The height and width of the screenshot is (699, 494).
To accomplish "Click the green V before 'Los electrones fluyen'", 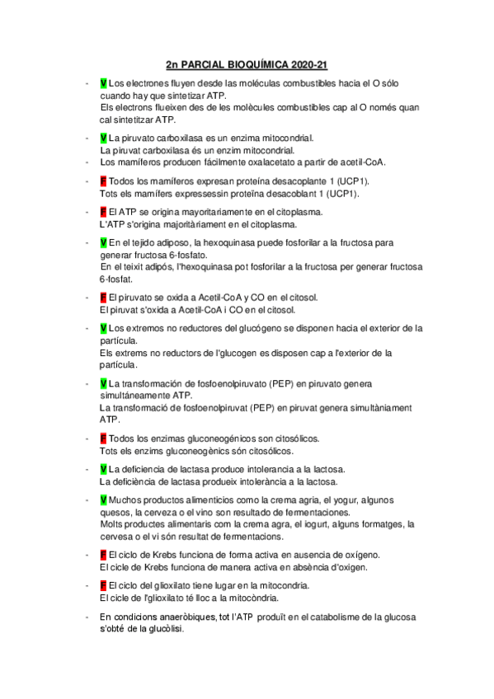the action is [103, 84].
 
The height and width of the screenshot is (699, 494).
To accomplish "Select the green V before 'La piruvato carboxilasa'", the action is [103, 138].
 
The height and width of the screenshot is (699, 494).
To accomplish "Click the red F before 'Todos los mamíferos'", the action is [103, 181].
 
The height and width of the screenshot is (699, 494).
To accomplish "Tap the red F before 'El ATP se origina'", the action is [103, 212].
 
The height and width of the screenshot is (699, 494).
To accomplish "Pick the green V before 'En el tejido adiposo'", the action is [103, 243].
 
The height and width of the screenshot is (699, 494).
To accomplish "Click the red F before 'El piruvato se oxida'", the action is [103, 297].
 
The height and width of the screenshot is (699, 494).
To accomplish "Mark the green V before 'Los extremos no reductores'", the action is [103, 328].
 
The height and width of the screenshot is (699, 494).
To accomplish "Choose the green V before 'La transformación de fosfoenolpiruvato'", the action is [103, 383].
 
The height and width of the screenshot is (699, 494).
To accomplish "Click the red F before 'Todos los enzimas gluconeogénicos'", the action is [103, 438].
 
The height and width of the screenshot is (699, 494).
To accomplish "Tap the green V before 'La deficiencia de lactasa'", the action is [103, 469].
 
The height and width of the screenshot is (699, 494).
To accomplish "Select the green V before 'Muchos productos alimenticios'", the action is [103, 500].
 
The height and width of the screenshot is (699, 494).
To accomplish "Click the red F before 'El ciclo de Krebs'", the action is [103, 554].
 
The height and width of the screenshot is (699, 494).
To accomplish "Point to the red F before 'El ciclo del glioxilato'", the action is [103, 585].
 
